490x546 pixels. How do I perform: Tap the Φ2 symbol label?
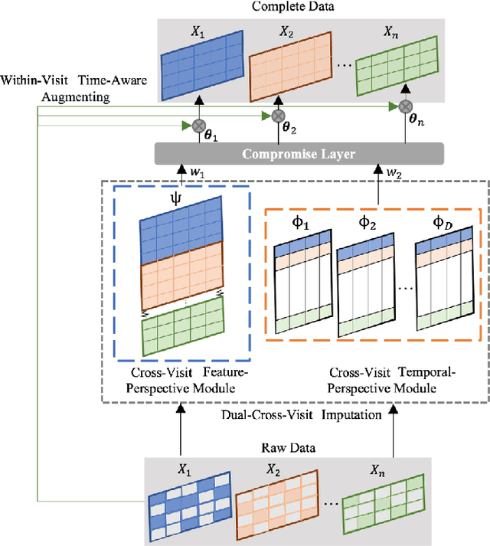(x=367, y=224)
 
